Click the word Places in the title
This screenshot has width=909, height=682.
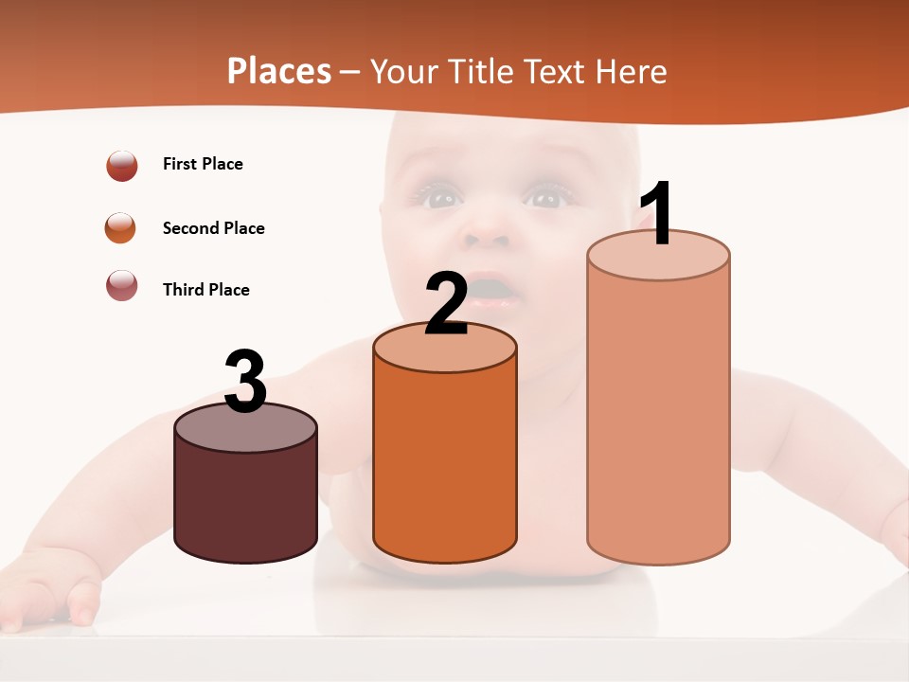[x=279, y=71]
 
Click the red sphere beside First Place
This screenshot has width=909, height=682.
[x=122, y=165]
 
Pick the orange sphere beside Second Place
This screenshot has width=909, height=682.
[x=121, y=228]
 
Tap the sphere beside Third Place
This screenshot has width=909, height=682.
[x=122, y=285]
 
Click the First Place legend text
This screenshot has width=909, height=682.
[x=203, y=164]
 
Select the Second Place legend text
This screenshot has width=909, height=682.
[x=213, y=228]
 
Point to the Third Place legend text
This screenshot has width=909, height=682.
[x=205, y=290]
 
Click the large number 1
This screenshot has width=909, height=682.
[x=656, y=214]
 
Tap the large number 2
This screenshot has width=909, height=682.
[x=446, y=303]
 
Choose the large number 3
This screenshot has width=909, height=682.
[x=245, y=383]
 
